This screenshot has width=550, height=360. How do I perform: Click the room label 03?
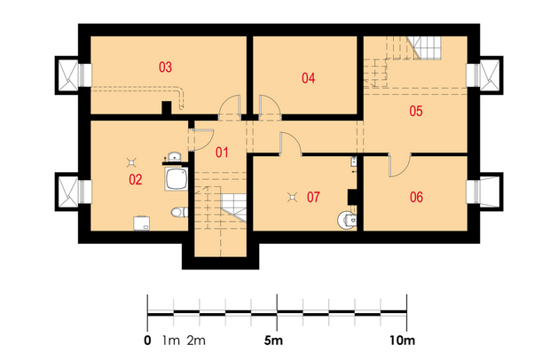click(165, 67)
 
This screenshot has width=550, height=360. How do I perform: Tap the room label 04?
click(309, 78)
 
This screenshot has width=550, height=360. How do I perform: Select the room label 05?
click(416, 111)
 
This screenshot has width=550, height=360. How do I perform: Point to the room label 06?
click(416, 197)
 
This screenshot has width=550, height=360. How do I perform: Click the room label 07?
click(313, 197)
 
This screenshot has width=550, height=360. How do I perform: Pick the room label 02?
click(136, 179)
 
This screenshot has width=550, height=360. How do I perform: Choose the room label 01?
click(222, 153)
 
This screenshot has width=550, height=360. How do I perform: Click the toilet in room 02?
click(179, 212)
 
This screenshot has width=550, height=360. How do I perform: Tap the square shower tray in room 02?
click(176, 179)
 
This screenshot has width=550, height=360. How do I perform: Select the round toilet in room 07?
click(347, 220)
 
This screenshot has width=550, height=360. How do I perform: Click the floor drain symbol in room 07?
click(292, 198)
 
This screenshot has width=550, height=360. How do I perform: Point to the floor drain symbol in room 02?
click(131, 162)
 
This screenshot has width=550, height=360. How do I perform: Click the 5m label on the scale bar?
click(273, 340)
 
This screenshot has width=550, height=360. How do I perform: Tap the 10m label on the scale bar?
click(402, 340)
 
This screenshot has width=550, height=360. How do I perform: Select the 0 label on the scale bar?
click(147, 340)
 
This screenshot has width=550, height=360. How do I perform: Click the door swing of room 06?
click(400, 165)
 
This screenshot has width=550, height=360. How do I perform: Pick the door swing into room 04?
click(270, 105)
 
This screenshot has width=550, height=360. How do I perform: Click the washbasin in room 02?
click(174, 157)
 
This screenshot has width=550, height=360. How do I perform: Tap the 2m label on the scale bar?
click(196, 340)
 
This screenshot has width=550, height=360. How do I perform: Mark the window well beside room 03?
click(67, 75)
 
